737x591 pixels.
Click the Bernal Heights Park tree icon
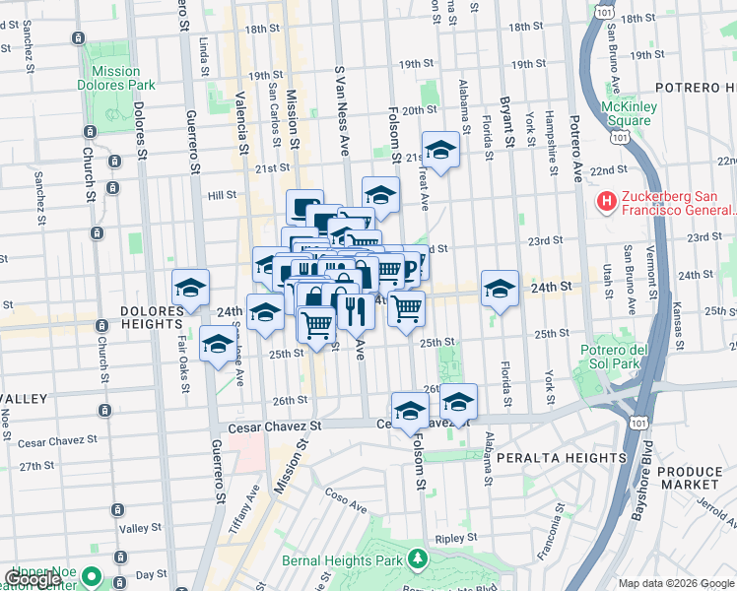[418, 559]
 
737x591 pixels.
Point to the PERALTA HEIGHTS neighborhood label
[557, 459]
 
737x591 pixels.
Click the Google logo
[33, 579]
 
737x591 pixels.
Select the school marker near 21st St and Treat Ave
[440, 150]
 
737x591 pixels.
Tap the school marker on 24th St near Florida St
[500, 288]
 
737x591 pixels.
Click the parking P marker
[412, 261]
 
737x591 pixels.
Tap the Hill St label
[222, 195]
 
